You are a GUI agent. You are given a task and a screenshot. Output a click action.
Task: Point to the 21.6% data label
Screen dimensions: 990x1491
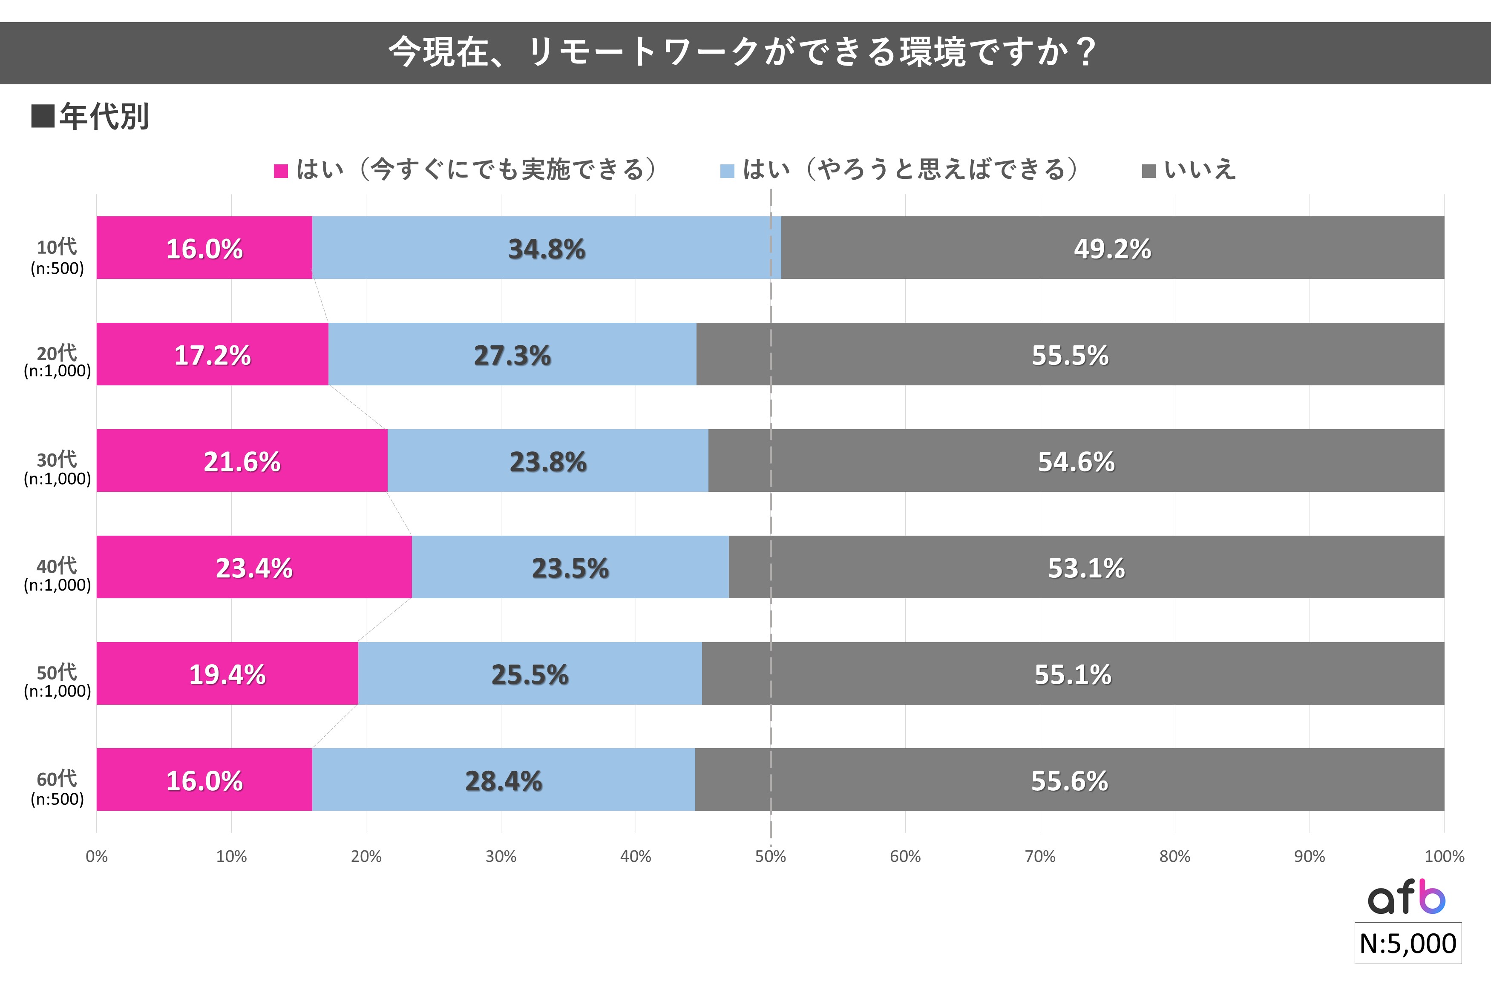click(x=242, y=462)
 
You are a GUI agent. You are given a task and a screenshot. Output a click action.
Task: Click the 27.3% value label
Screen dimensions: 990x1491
click(x=512, y=356)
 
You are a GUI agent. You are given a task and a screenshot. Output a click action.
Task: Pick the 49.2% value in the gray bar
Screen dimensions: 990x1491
click(x=1112, y=249)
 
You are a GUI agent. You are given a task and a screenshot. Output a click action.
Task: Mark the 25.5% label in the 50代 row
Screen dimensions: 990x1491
click(x=530, y=674)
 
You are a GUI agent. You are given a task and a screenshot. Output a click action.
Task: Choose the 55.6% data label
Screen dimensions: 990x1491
click(x=1069, y=781)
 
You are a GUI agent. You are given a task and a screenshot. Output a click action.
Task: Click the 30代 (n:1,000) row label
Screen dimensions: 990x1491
click(x=57, y=468)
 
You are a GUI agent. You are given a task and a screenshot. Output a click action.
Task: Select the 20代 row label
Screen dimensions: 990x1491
click(x=57, y=361)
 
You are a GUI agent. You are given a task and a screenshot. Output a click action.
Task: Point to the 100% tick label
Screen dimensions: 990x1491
click(x=1444, y=856)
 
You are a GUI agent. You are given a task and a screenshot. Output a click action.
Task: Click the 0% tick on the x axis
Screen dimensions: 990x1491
click(x=97, y=856)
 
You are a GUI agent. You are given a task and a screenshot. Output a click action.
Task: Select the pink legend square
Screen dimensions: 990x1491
click(x=280, y=170)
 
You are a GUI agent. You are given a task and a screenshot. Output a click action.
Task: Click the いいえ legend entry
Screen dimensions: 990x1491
click(x=1199, y=169)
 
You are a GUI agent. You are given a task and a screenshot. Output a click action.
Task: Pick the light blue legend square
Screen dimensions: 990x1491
click(x=727, y=170)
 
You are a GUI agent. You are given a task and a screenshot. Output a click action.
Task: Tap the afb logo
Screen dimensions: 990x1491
click(x=1406, y=897)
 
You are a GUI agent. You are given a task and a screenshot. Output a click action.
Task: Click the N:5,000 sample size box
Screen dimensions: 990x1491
click(x=1408, y=943)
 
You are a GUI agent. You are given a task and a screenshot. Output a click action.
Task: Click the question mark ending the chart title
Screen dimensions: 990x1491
click(x=1086, y=52)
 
